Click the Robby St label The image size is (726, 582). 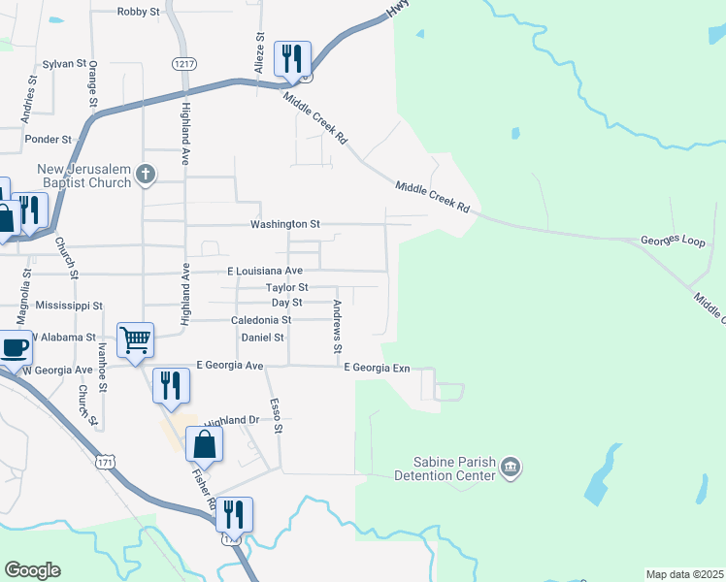click(x=137, y=12)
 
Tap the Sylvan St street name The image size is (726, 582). click(x=64, y=63)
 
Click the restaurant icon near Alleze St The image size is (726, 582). click(x=291, y=58)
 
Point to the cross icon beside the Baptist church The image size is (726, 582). click(x=146, y=175)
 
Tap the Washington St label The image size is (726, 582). click(x=284, y=224)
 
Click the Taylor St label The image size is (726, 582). click(x=287, y=288)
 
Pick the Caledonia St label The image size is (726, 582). click(x=261, y=320)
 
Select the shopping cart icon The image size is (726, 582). click(x=135, y=340)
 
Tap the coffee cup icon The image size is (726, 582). click(x=14, y=346)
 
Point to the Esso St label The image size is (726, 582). click(x=277, y=414)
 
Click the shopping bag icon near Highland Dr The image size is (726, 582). click(x=205, y=444)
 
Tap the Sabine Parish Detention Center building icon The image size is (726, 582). click(x=511, y=469)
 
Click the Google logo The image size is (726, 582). click(x=32, y=570)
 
